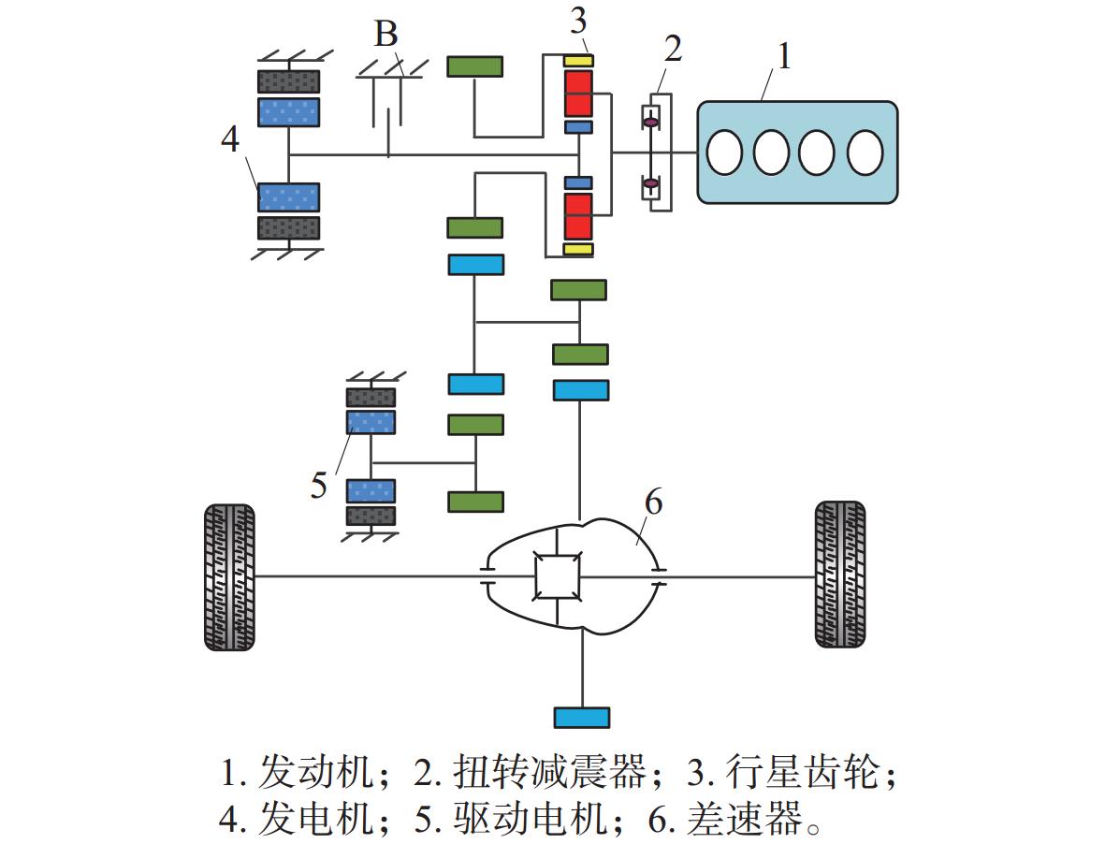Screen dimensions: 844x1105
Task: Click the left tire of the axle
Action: [x=229, y=576]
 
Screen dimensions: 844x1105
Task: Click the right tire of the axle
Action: [x=839, y=575]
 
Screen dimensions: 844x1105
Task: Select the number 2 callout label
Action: [x=671, y=49]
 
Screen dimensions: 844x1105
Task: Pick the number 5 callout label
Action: [x=319, y=486]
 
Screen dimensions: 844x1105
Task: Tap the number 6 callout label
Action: [x=653, y=502]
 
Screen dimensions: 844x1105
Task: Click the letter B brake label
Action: [x=385, y=35]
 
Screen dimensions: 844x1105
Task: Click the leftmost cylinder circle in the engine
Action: [x=724, y=152]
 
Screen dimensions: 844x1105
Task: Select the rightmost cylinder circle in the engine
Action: [x=865, y=152]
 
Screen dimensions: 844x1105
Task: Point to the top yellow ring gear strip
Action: [x=578, y=61]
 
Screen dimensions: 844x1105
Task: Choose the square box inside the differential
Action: [x=558, y=575]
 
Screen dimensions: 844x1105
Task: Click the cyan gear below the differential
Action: [x=582, y=718]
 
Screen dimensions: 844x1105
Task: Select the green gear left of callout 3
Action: [x=474, y=65]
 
